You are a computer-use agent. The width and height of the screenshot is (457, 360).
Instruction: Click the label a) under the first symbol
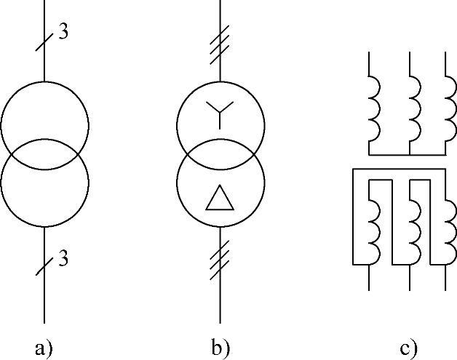[x=44, y=348]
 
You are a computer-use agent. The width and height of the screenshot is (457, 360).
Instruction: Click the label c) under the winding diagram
[x=409, y=348]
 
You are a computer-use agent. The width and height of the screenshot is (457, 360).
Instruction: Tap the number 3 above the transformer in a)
[x=63, y=31]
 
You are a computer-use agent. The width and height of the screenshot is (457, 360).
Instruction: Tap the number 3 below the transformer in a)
[x=63, y=258]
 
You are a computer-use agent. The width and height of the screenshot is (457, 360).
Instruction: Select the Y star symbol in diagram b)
[x=220, y=115]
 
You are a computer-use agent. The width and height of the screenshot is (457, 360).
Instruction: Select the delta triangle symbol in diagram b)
[x=220, y=198]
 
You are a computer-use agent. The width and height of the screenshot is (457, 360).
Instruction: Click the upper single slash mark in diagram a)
[x=44, y=42]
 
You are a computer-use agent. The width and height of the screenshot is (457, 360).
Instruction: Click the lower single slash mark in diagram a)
[x=44, y=266]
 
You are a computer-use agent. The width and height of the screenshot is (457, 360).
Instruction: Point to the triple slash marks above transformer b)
[x=220, y=45]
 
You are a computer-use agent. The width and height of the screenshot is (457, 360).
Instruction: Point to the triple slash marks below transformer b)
[x=220, y=260]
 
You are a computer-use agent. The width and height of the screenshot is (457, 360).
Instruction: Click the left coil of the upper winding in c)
[x=375, y=108]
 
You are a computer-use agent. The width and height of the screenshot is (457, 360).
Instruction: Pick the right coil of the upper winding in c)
[x=451, y=108]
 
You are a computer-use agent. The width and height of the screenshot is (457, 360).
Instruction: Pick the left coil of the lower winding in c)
[x=375, y=232]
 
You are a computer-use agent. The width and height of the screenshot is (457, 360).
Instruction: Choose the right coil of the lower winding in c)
[x=451, y=232]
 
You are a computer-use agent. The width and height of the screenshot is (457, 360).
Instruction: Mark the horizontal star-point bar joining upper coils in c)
[x=408, y=155]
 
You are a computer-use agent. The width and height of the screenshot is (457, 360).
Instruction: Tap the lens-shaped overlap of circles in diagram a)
[x=45, y=154]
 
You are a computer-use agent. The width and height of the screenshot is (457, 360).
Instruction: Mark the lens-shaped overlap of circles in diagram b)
[x=220, y=154]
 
